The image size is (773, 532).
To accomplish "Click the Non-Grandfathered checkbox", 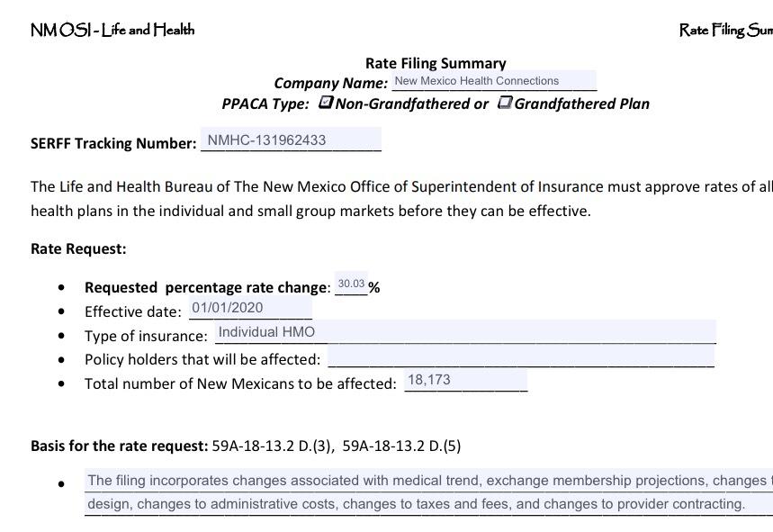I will [327, 103].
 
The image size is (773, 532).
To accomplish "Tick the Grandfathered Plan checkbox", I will [506, 103].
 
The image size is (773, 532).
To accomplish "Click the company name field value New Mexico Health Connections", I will [477, 81].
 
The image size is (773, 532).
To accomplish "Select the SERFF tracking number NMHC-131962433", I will [267, 140].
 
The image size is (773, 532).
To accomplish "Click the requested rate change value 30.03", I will [351, 284].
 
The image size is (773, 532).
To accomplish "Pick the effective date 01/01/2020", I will [227, 308].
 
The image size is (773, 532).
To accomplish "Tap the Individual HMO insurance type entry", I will [267, 332].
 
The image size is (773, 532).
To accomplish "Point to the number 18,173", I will [429, 380].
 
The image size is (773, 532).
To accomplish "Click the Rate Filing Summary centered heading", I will [436, 63].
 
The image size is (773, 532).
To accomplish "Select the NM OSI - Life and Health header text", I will [112, 30].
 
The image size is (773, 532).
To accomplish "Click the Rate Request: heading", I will [78, 248].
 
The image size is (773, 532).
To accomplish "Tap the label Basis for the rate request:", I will [120, 446].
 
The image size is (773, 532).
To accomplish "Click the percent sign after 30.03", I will [373, 288].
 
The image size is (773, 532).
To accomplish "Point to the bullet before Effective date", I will [61, 311].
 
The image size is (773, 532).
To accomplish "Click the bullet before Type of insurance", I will [61, 336].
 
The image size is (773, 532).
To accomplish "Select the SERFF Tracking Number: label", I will [113, 143].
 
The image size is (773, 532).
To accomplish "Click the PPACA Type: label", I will [265, 104].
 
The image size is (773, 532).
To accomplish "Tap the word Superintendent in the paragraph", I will [472, 187].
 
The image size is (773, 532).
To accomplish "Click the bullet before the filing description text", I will [61, 484].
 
